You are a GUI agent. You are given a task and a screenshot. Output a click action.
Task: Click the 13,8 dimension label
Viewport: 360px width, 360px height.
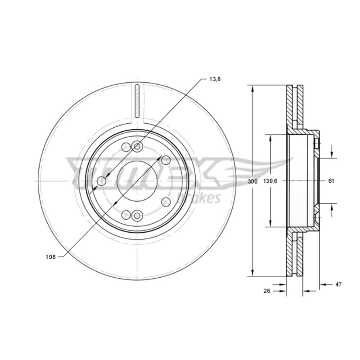point(215,79)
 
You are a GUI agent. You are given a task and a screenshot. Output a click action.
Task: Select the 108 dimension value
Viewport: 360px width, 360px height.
point(50,257)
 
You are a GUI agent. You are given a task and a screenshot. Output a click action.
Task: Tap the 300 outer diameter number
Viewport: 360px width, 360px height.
point(253,181)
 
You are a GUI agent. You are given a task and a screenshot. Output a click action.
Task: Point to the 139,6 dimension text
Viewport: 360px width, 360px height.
point(270,181)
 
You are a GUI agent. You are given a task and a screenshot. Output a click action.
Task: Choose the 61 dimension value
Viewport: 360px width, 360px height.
point(331,181)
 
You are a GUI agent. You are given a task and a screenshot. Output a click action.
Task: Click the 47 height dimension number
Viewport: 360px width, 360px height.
point(338,284)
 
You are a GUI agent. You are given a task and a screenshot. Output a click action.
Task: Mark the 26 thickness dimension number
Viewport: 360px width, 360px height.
point(267,291)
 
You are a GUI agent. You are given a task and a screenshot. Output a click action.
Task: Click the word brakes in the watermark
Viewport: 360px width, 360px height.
point(199,198)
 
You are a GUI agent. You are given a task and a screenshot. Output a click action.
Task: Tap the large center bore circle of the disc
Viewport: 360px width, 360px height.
point(137,161)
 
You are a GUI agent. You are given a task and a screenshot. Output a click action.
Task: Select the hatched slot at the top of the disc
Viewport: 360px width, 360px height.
point(137,101)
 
